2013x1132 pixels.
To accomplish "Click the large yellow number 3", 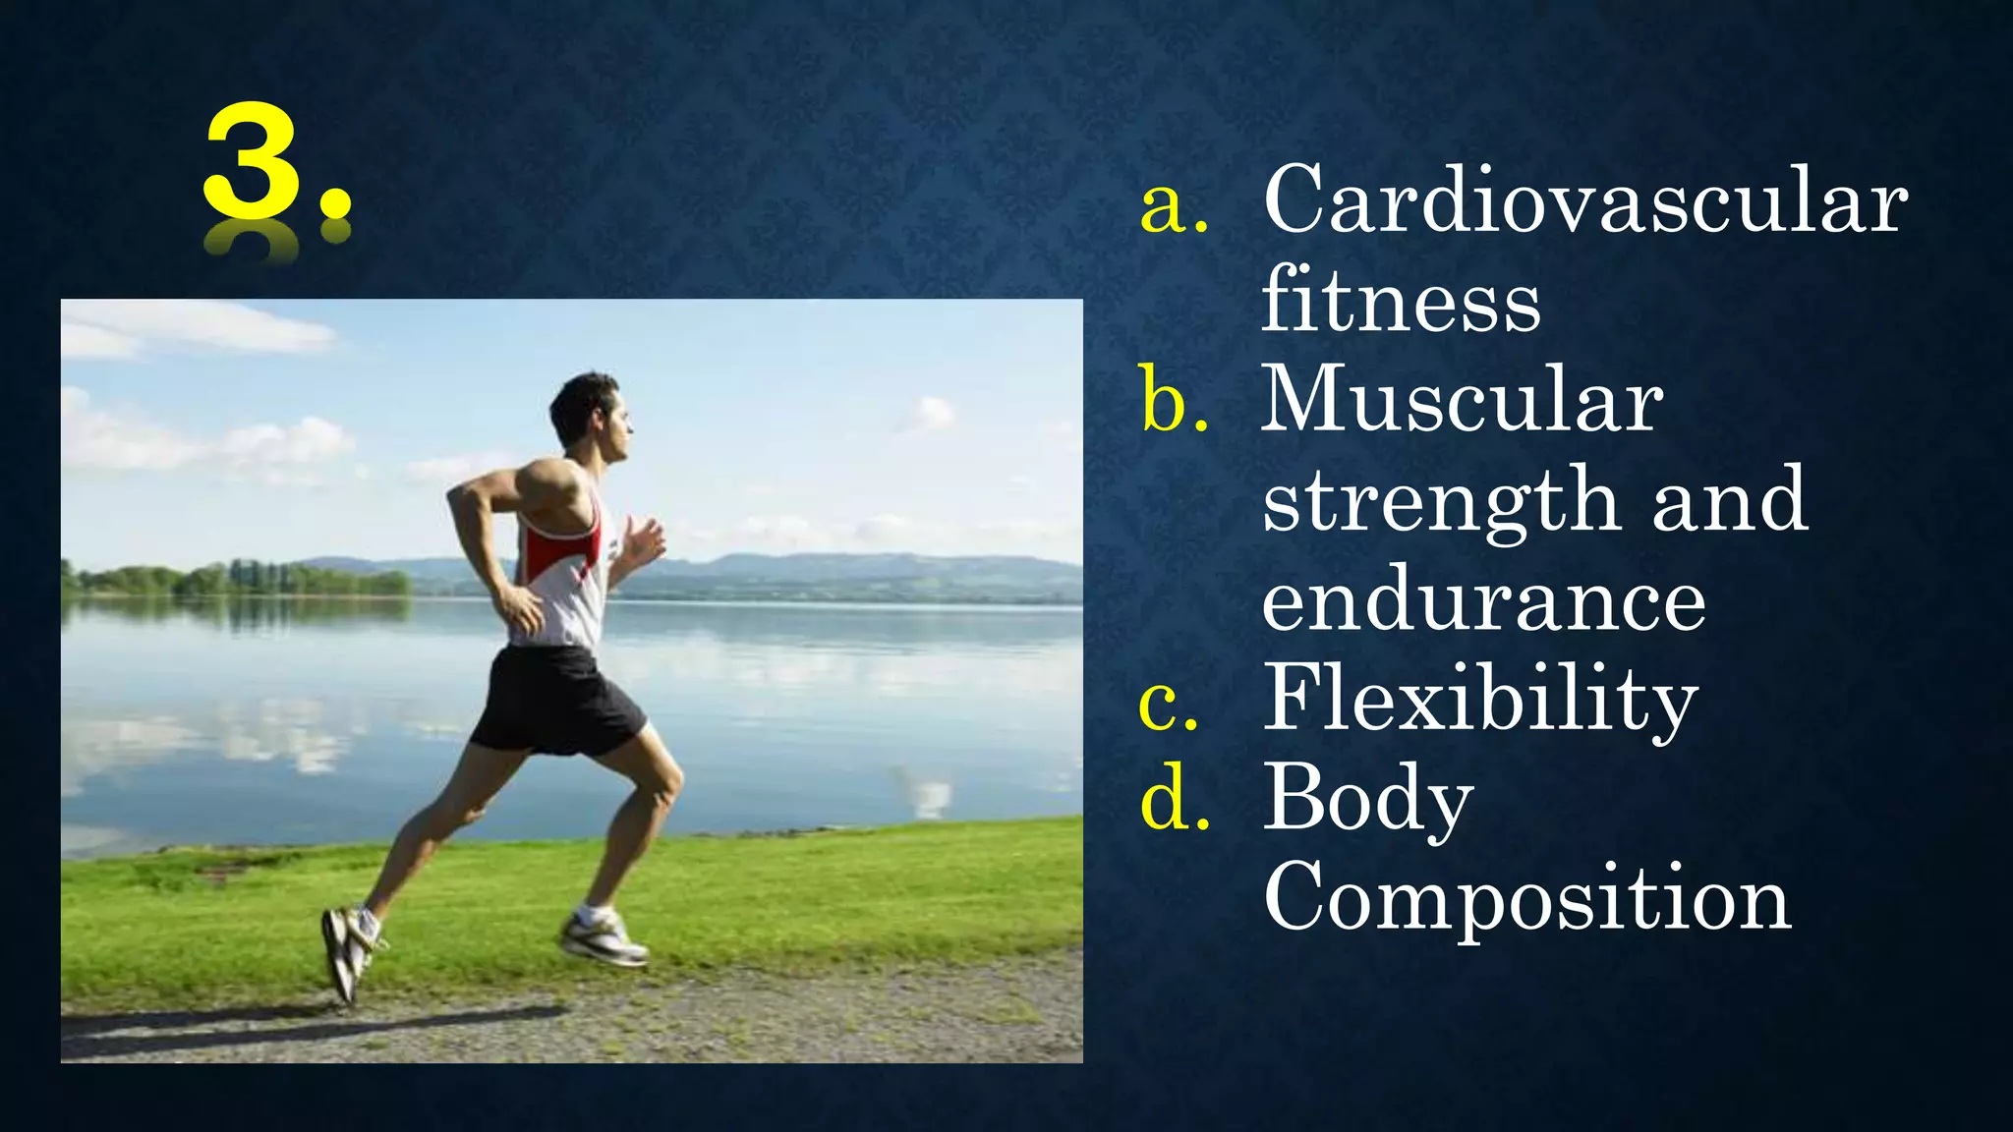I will click(253, 162).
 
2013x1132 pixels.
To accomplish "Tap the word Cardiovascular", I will click(1584, 201).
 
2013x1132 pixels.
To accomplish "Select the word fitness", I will click(1401, 301).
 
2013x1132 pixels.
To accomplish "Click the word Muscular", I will click(1462, 400).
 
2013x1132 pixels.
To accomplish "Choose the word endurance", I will click(1483, 601).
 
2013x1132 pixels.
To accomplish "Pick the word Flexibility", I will click(1480, 700).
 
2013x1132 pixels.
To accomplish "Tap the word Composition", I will click(1527, 897).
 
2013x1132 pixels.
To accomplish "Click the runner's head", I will click(591, 414).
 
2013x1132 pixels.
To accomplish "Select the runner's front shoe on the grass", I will click(604, 937).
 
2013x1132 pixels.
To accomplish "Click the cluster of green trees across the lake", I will click(241, 580).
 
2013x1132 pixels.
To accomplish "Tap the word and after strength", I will click(1729, 501).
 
